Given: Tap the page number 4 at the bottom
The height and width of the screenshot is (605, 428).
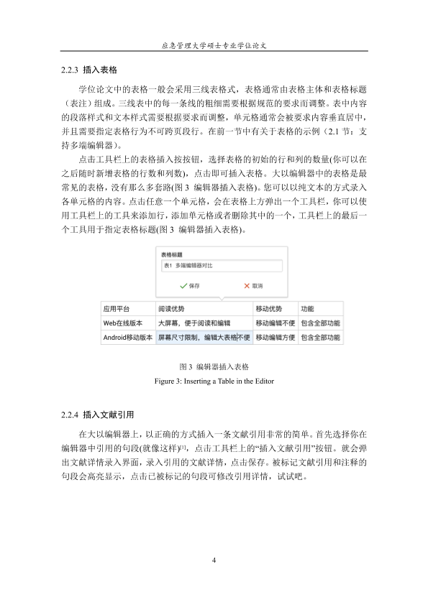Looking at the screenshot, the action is [x=214, y=560].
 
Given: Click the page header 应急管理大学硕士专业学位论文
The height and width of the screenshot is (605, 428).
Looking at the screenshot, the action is [x=214, y=44].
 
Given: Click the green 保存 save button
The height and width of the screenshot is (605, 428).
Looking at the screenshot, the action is [x=190, y=285].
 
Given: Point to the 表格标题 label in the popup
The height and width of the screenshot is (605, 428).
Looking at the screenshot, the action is [x=172, y=254].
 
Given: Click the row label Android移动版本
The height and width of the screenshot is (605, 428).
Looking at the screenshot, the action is [x=128, y=337].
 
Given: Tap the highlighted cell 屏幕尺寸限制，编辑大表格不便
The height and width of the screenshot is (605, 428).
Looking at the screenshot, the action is [x=204, y=337].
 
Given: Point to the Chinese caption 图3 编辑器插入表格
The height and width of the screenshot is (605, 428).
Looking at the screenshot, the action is [x=214, y=367].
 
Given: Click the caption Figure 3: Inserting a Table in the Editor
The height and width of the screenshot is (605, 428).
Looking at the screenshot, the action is [x=214, y=379].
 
